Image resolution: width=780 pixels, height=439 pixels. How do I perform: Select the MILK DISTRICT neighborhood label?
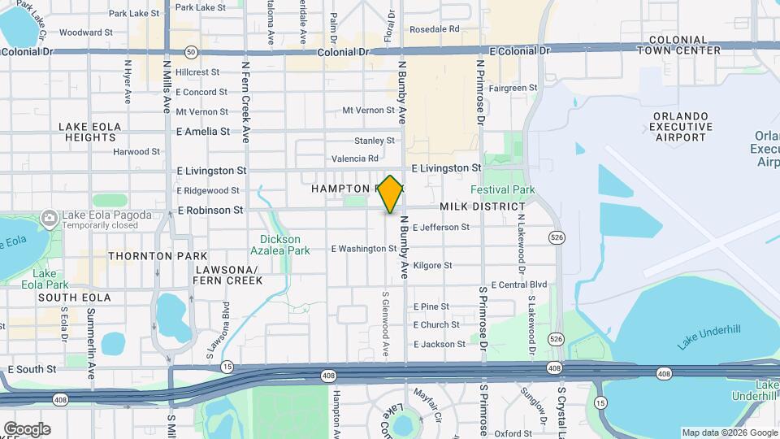point(483,207)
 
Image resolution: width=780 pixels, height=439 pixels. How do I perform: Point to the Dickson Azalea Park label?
point(280,245)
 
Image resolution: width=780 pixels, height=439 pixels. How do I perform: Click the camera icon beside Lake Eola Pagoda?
point(50,217)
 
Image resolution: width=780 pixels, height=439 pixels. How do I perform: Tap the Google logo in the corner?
point(27,429)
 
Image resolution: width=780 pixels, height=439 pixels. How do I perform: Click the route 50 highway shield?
point(190,51)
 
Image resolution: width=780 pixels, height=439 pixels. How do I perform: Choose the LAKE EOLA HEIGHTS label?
point(89,132)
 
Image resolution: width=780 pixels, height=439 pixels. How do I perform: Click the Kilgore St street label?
point(432,266)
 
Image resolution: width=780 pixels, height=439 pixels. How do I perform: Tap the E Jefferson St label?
point(441,228)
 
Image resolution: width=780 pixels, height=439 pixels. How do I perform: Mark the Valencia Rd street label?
point(356,159)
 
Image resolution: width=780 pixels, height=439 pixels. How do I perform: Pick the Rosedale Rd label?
point(435,29)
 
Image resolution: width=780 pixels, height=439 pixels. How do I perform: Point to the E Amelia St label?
point(202,131)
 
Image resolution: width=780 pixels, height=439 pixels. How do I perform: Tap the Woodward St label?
point(86,33)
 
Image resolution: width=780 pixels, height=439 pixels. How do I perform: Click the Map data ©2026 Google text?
point(728,432)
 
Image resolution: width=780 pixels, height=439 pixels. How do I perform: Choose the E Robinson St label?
point(210,210)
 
